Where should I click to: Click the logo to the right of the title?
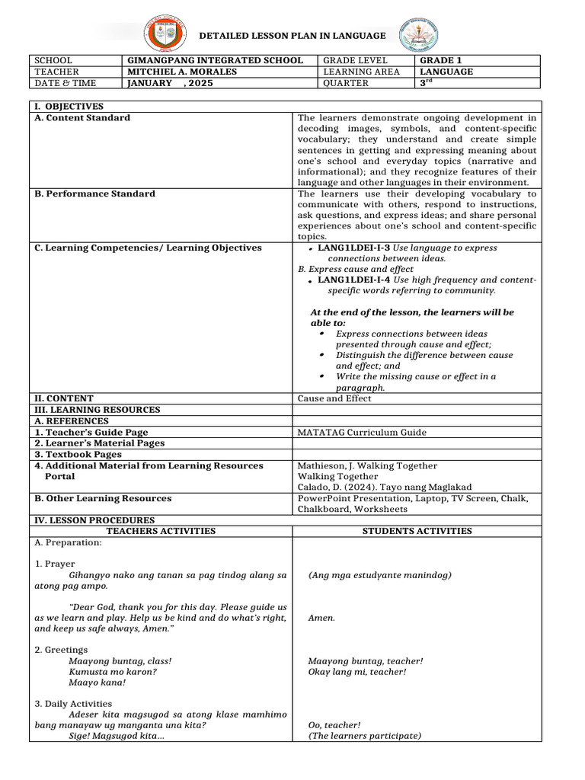click(x=419, y=35)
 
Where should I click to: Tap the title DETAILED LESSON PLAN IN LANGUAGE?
click(x=292, y=36)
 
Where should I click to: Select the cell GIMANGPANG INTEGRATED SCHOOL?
click(x=215, y=60)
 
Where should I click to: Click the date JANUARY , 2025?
click(x=170, y=83)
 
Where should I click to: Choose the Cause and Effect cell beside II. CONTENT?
click(x=334, y=398)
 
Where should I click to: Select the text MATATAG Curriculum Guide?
click(x=362, y=432)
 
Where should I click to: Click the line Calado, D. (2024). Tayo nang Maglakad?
click(x=385, y=487)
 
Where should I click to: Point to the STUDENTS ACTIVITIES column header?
click(x=417, y=531)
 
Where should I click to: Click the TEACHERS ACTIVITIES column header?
click(x=161, y=531)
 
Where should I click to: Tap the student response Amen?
click(x=321, y=618)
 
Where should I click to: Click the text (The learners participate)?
click(x=364, y=736)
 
